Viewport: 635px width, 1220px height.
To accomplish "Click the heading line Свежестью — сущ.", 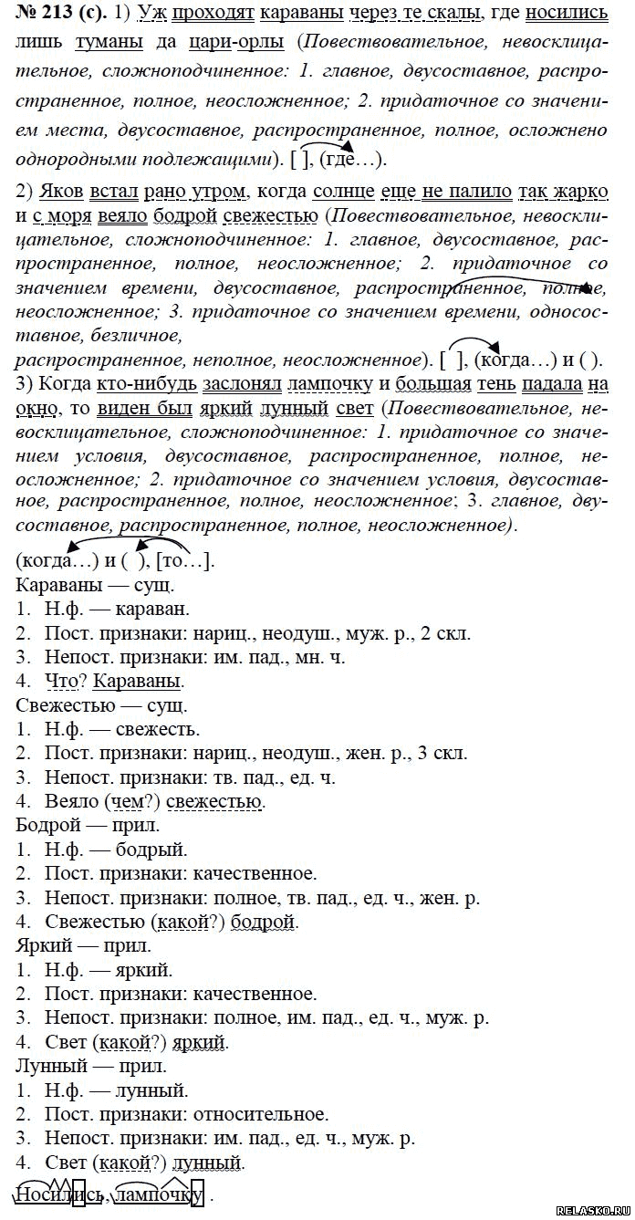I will point(101,704).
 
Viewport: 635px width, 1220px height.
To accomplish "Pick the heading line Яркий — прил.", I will point(83,945).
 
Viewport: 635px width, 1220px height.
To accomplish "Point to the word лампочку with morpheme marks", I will point(161,1194).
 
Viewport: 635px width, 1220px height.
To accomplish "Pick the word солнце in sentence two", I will point(341,193).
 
